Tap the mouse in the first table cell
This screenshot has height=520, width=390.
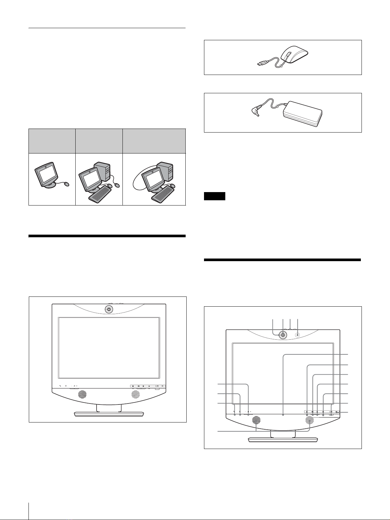pos(67,184)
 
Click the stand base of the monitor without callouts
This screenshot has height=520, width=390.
pos(109,414)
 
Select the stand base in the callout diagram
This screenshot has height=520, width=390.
pos(283,439)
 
